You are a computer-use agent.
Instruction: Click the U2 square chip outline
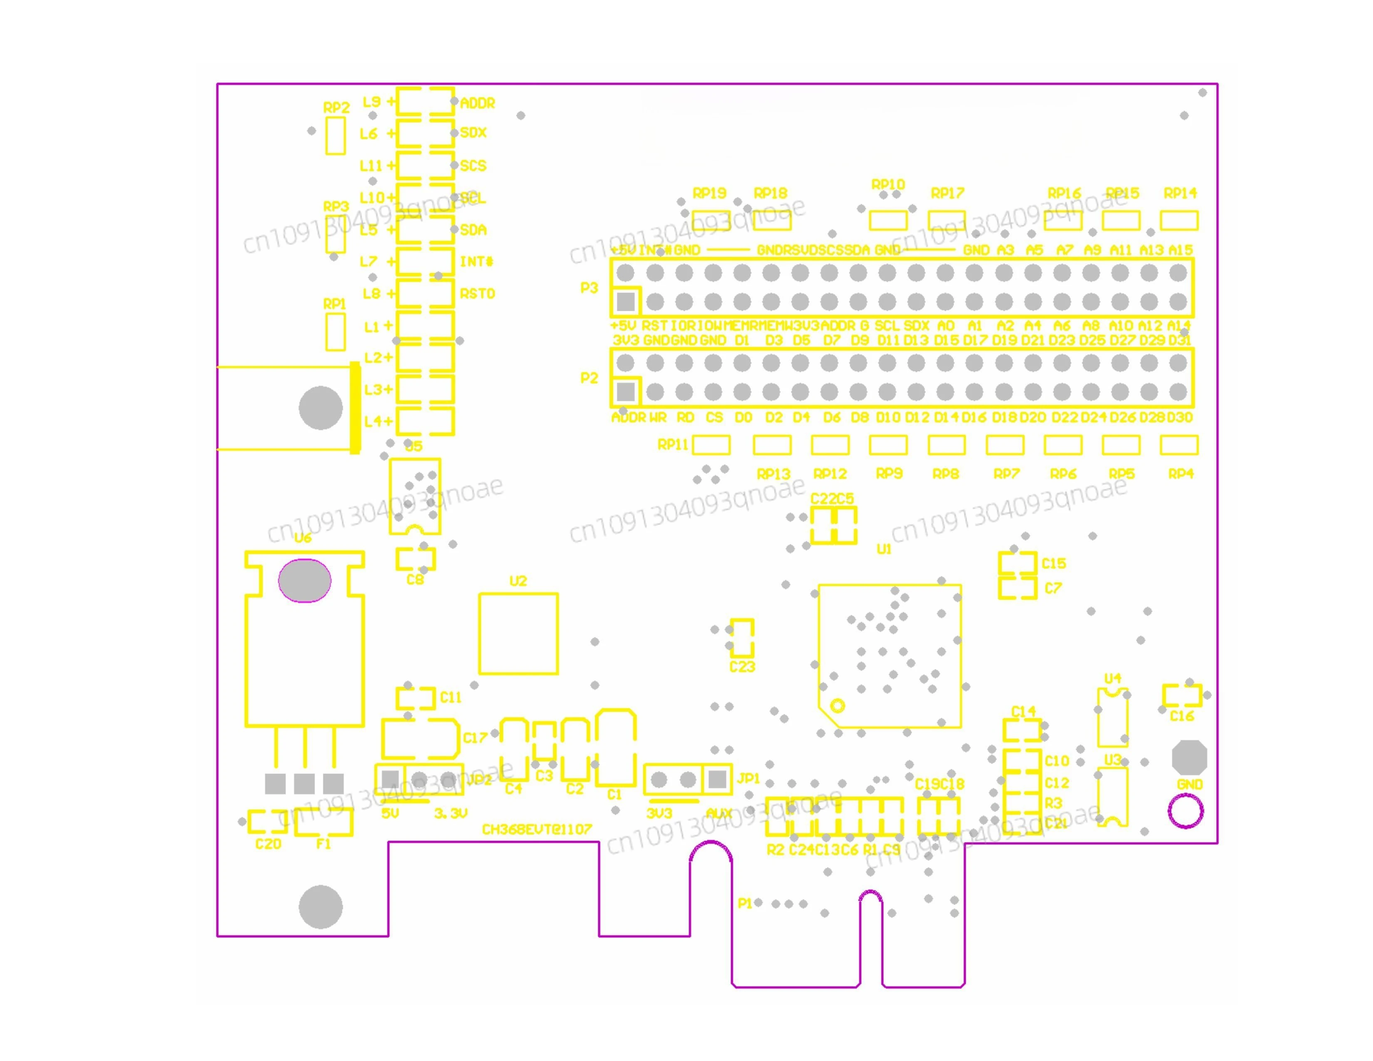click(518, 633)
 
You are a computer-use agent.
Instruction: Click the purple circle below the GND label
click(1186, 811)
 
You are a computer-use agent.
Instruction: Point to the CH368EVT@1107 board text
click(536, 829)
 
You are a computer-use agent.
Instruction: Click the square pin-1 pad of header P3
click(625, 302)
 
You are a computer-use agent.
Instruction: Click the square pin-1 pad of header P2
click(625, 392)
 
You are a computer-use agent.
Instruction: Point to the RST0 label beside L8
click(477, 293)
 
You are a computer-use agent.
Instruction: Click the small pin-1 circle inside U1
click(838, 706)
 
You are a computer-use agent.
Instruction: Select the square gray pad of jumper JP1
click(717, 779)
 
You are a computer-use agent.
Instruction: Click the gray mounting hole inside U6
click(304, 580)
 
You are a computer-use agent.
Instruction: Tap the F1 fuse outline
click(324, 821)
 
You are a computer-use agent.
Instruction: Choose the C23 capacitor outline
click(742, 638)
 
